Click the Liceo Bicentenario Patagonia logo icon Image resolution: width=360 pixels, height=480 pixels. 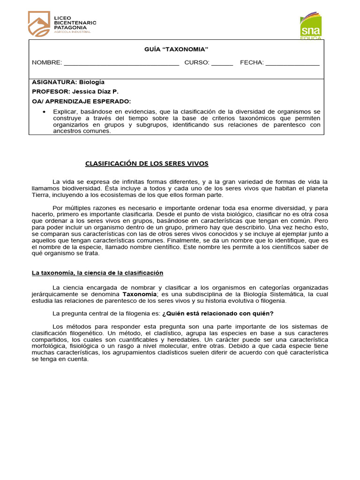pyautogui.click(x=39, y=24)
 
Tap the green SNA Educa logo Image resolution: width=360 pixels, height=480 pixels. pyautogui.click(x=311, y=26)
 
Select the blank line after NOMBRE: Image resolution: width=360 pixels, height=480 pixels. pyautogui.click(x=121, y=63)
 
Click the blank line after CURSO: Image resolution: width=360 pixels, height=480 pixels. pyautogui.click(x=222, y=63)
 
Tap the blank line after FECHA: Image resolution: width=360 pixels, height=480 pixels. pyautogui.click(x=292, y=63)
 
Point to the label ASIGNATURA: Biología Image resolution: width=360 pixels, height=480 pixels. pyautogui.click(x=68, y=82)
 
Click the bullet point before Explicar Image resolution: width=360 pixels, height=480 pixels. pyautogui.click(x=44, y=112)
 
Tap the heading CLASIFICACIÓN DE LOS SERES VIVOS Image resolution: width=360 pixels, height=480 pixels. pyautogui.click(x=146, y=164)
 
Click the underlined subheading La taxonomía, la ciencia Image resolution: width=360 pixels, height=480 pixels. pyautogui.click(x=97, y=272)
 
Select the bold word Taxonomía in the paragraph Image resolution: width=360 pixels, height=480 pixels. pyautogui.click(x=139, y=294)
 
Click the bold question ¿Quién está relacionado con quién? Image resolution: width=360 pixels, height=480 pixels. pyautogui.click(x=217, y=313)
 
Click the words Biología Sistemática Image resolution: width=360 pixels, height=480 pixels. pyautogui.click(x=269, y=294)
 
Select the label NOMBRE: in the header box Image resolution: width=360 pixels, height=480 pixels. pyautogui.click(x=47, y=63)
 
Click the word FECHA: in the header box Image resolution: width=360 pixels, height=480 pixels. pyautogui.click(x=252, y=63)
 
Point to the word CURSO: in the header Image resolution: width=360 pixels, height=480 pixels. pyautogui.click(x=196, y=63)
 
